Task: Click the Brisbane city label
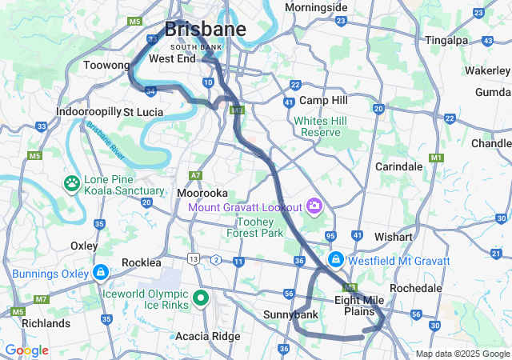click(205, 29)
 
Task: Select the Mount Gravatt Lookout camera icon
click(314, 207)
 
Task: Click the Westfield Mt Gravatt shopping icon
click(337, 261)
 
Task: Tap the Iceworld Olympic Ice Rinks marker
click(201, 299)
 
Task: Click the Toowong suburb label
click(106, 65)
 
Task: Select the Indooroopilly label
click(88, 112)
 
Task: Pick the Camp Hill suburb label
click(323, 101)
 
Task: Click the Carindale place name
click(399, 166)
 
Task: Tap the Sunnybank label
click(290, 315)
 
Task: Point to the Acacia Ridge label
click(207, 336)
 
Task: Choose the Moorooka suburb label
click(202, 194)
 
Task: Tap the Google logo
click(26, 350)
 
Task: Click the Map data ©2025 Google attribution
click(462, 354)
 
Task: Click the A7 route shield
click(195, 175)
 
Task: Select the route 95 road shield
click(331, 236)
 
